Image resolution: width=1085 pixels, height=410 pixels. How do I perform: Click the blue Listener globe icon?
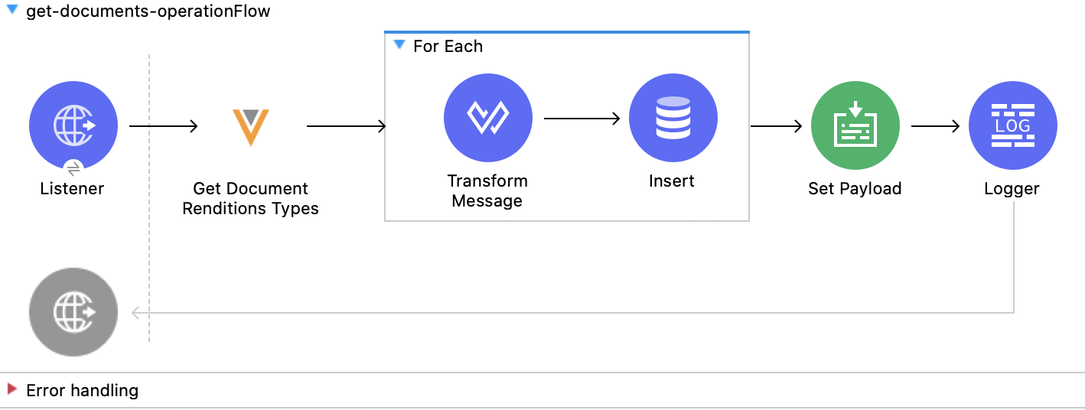tap(73, 125)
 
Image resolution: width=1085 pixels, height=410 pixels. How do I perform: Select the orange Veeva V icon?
tap(250, 127)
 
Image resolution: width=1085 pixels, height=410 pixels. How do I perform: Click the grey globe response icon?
tap(73, 312)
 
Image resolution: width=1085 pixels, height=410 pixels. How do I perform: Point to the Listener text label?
tap(72, 189)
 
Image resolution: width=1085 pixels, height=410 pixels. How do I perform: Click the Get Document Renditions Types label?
tap(250, 198)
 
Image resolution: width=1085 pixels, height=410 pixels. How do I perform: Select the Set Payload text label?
tap(855, 189)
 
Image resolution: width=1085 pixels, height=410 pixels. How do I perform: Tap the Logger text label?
tap(1012, 189)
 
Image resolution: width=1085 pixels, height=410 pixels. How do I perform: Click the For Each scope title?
tap(448, 47)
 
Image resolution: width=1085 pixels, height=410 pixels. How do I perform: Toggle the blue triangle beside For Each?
tap(399, 45)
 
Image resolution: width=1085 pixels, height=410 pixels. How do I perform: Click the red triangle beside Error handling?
tap(12, 389)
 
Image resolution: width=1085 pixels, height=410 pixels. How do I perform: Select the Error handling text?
tap(82, 391)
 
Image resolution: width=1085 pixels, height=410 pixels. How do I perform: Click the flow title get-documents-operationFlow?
tap(148, 12)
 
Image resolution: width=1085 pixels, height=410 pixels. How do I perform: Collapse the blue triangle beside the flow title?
tap(12, 10)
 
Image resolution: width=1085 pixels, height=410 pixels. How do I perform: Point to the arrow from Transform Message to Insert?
tap(581, 119)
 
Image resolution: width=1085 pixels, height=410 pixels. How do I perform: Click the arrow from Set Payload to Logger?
tap(935, 126)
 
